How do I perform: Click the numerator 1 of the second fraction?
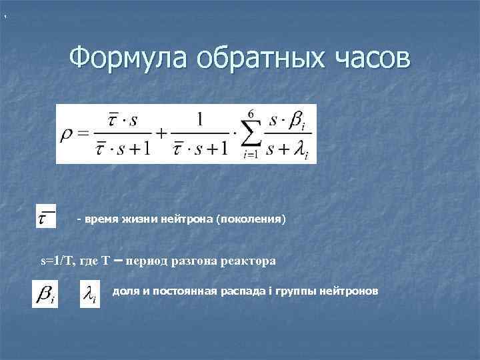199,120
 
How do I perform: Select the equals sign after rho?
83,133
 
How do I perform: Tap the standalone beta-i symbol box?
45,294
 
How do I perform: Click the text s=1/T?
59,261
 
